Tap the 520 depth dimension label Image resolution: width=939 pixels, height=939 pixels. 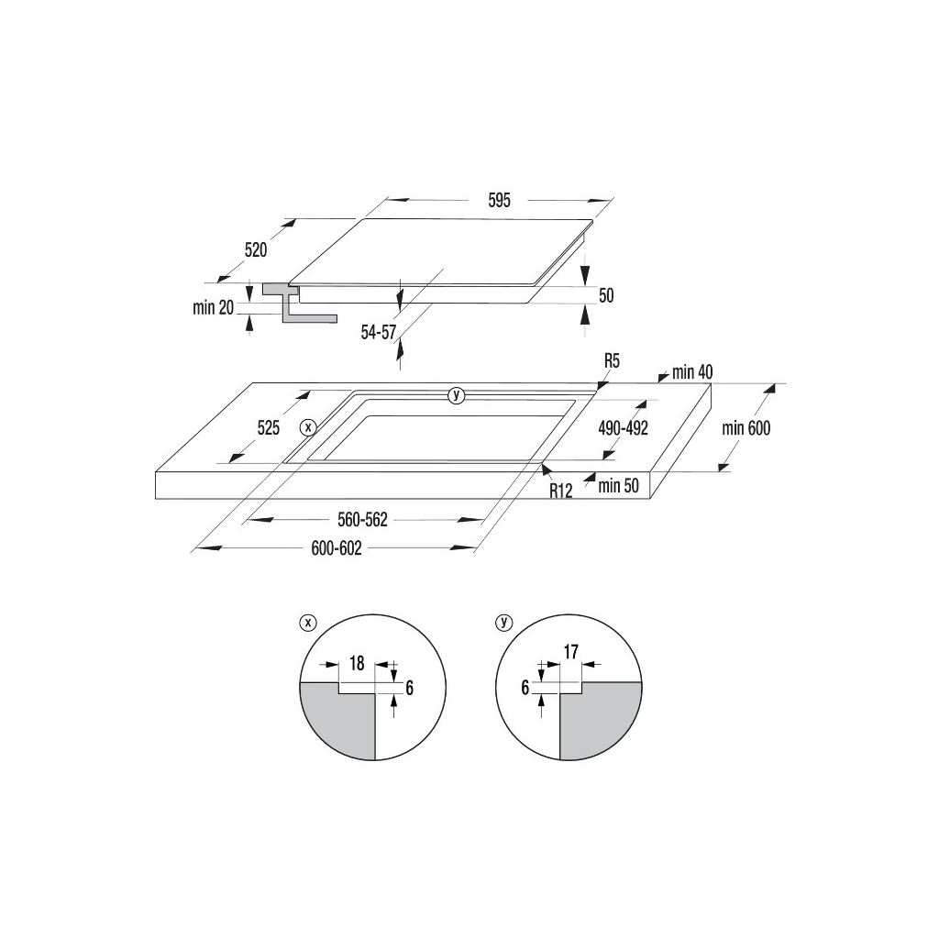256,249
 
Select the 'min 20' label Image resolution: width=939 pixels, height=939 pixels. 214,307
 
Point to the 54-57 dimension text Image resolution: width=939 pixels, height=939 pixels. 378,332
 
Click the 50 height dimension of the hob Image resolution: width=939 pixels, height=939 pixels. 605,295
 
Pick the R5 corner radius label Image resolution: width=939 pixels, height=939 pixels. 612,361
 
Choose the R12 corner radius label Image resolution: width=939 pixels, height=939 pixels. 561,491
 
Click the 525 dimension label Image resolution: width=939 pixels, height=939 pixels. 268,427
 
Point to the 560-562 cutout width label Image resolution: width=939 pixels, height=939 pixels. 363,520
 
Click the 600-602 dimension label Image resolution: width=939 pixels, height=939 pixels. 337,548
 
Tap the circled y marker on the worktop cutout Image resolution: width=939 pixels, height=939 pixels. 456,395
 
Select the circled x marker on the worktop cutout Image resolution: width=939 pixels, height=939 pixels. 308,427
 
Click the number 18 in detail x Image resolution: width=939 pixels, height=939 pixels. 357,662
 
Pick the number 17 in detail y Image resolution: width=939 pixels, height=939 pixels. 570,653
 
